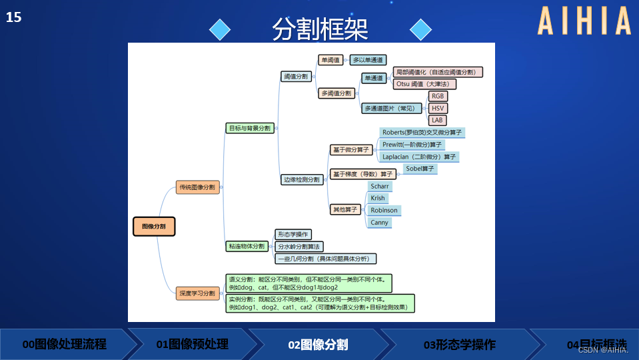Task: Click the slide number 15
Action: [13, 17]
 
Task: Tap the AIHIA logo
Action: [584, 21]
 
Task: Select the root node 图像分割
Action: [154, 227]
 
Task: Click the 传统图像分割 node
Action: [197, 187]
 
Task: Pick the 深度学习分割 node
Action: [197, 293]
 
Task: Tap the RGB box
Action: [438, 96]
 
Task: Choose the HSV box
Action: [438, 108]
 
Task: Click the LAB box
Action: [437, 120]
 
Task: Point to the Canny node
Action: [379, 223]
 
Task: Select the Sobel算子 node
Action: [420, 169]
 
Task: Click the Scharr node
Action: [379, 187]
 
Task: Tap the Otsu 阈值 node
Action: [425, 84]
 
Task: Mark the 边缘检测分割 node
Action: [302, 179]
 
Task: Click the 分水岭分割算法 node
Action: [299, 247]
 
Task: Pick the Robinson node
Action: [384, 211]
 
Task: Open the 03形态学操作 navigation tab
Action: [460, 345]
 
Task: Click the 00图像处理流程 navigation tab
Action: [65, 345]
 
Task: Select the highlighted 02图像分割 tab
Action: [318, 345]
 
